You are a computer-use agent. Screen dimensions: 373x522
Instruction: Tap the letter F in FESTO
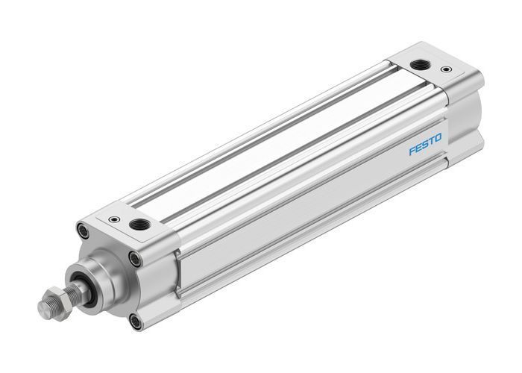pos(411,151)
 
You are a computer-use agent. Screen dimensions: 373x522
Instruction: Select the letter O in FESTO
pos(438,137)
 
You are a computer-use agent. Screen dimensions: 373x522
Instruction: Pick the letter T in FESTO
pos(431,140)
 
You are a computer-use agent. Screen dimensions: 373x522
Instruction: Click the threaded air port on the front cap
pos(138,225)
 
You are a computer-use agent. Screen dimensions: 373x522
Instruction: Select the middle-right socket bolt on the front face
pos(134,258)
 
